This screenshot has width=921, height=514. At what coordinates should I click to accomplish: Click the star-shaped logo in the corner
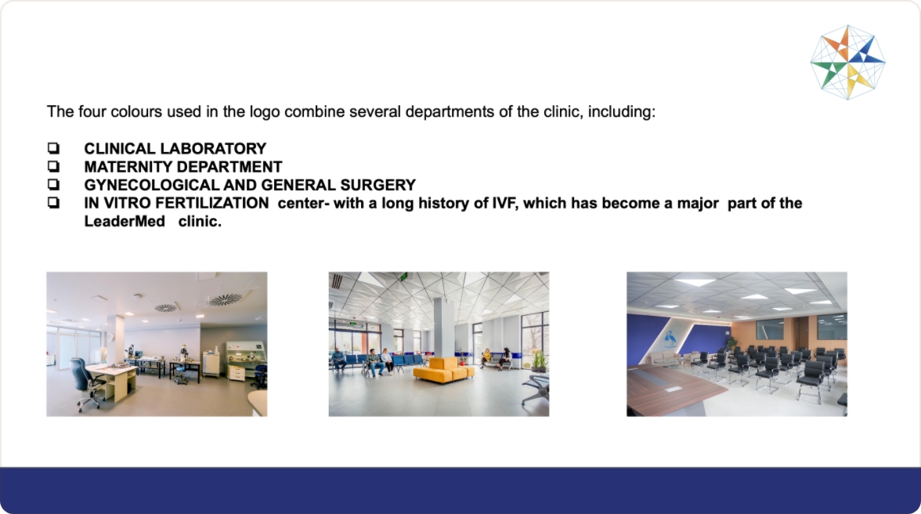[847, 62]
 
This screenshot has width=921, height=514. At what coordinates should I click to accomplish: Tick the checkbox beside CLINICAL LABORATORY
[53, 148]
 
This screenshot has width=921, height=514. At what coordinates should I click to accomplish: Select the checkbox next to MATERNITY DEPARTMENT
[53, 166]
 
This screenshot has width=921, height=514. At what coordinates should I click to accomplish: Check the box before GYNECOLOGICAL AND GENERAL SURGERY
[53, 184]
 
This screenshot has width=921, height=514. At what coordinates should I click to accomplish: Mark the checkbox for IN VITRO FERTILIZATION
[53, 203]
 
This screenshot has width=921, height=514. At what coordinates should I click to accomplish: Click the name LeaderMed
[125, 222]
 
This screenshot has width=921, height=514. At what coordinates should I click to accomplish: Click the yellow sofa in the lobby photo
[443, 370]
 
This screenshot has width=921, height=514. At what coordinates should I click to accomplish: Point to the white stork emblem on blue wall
[669, 339]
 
